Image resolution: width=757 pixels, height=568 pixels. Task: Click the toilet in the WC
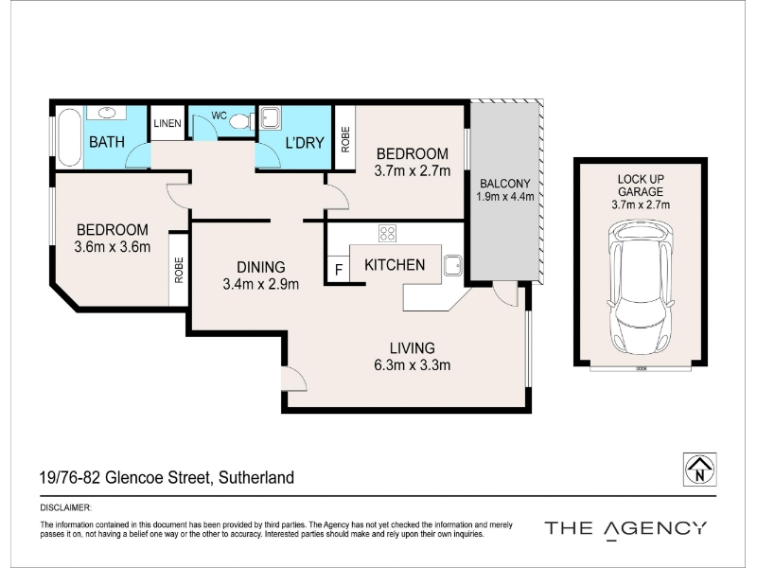click(x=241, y=121)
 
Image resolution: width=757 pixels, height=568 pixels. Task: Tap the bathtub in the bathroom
click(x=69, y=137)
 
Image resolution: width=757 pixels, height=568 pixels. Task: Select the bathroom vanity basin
click(x=106, y=113)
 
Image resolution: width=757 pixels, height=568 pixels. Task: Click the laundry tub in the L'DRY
click(x=271, y=118)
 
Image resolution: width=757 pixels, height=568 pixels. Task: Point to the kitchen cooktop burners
click(x=388, y=233)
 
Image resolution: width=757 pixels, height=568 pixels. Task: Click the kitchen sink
click(x=453, y=265)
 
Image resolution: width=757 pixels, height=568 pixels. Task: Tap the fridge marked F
click(x=339, y=269)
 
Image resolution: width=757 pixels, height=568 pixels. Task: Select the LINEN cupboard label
click(x=167, y=123)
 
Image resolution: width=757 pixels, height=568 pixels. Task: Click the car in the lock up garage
click(x=641, y=287)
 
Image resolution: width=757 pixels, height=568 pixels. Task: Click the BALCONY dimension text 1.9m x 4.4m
click(x=505, y=197)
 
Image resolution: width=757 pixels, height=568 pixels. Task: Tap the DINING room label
click(x=261, y=267)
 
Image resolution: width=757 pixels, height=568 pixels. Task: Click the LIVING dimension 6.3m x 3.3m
click(x=413, y=364)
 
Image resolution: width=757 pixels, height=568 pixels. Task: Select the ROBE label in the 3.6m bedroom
click(x=179, y=270)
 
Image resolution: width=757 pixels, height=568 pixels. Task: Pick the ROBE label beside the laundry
click(x=345, y=139)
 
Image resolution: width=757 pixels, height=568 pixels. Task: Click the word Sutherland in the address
click(x=256, y=478)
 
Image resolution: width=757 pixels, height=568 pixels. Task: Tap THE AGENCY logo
click(x=625, y=529)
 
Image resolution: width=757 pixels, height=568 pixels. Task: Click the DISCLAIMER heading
click(x=65, y=507)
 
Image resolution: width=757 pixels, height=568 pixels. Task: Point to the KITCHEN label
click(x=395, y=265)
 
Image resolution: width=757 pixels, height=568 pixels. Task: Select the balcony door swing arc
click(x=506, y=294)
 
